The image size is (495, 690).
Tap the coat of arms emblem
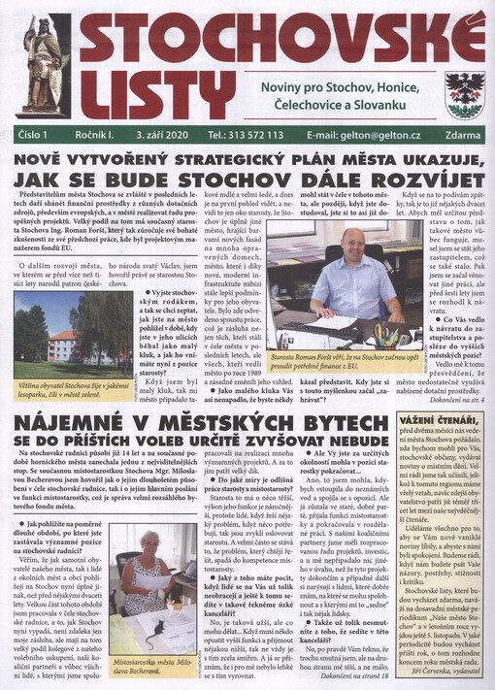[464, 94]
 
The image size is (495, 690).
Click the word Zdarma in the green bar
[465, 135]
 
